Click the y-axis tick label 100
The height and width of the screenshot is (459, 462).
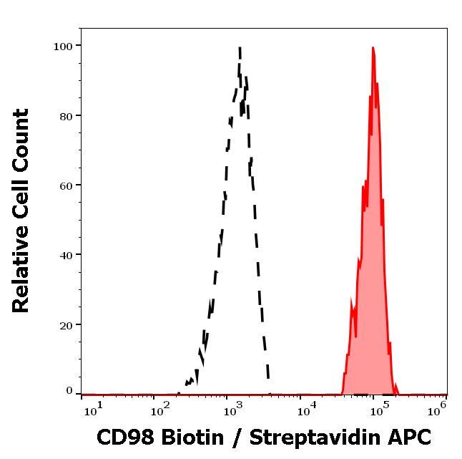tap(63, 47)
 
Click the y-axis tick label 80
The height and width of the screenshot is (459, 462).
tap(66, 116)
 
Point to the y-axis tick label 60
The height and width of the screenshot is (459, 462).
tap(66, 185)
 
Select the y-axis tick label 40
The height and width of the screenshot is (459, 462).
tap(66, 255)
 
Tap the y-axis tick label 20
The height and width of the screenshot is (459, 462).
tap(66, 324)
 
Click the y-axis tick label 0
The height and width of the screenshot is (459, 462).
tap(69, 391)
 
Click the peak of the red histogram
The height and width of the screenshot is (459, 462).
tap(373, 49)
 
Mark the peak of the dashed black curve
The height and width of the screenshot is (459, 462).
tap(240, 49)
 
